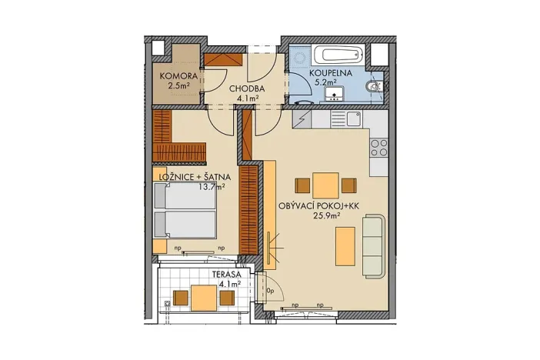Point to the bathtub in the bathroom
[336, 55]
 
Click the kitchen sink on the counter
[354, 118]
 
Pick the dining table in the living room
[326, 185]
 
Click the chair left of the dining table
[302, 185]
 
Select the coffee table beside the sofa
[345, 244]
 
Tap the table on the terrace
[203, 297]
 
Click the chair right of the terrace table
[225, 298]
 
